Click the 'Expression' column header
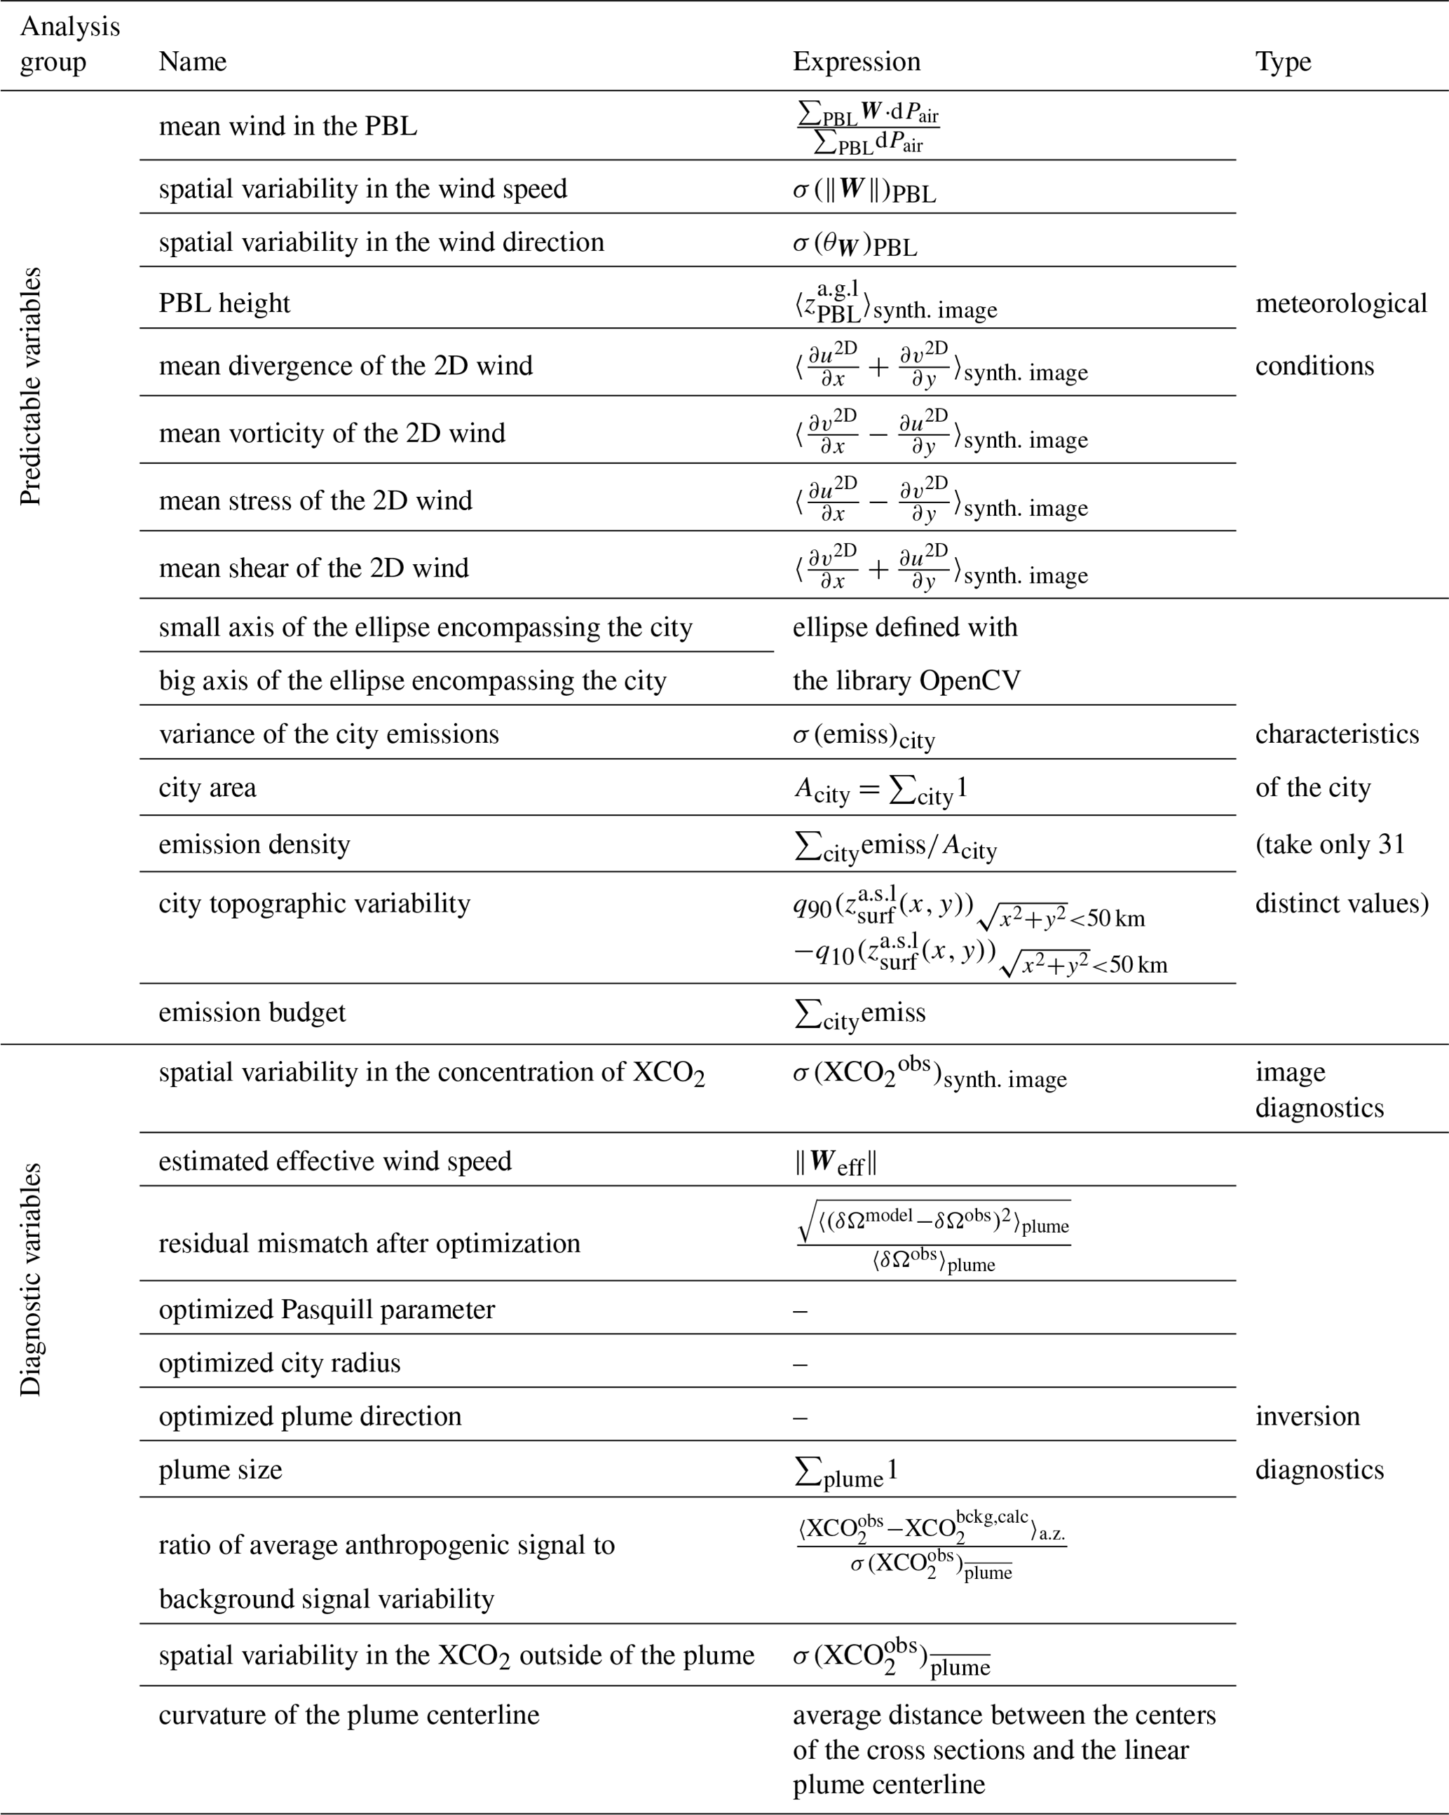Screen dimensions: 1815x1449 (x=856, y=62)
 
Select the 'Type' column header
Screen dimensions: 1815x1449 (x=1283, y=62)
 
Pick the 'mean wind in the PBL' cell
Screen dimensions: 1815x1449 (x=288, y=126)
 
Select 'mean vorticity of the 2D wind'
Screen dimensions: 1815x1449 (x=332, y=432)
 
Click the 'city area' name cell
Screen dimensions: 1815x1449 (x=207, y=788)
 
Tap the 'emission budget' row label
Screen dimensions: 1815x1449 (x=252, y=1012)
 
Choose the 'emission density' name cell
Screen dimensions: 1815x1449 (x=254, y=844)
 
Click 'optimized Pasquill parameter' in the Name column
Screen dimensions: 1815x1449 (x=327, y=1309)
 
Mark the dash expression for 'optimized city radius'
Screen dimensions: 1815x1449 (x=800, y=1364)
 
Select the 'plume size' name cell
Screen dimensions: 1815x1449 (x=221, y=1470)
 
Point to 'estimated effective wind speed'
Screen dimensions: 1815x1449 (x=335, y=1161)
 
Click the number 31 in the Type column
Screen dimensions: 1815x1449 (x=1392, y=844)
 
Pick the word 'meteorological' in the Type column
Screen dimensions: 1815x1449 (x=1340, y=303)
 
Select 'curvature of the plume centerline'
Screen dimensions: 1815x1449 (x=348, y=1715)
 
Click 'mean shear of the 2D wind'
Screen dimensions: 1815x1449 (x=313, y=568)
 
